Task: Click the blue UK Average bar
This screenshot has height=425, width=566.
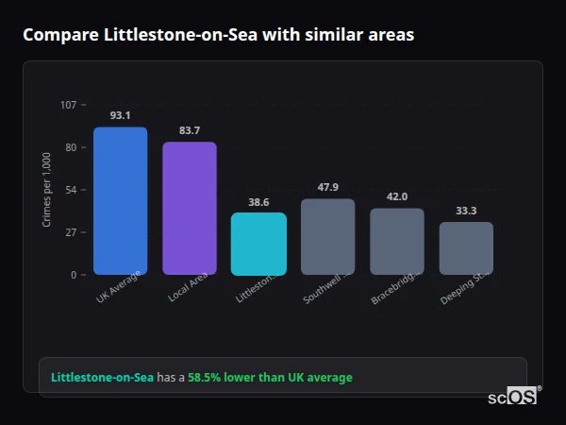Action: click(120, 200)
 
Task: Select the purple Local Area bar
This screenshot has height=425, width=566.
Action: click(190, 208)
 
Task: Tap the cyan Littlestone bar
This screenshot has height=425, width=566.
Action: click(258, 243)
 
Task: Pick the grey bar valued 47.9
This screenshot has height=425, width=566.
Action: click(328, 236)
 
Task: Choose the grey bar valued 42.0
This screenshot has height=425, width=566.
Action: click(397, 241)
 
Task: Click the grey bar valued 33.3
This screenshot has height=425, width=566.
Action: click(466, 247)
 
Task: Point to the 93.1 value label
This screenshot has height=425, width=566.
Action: click(120, 115)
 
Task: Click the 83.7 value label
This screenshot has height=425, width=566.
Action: click(190, 130)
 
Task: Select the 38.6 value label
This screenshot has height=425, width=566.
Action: click(258, 201)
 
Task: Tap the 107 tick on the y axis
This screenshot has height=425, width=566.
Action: click(68, 105)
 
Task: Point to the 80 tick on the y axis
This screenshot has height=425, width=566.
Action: click(70, 147)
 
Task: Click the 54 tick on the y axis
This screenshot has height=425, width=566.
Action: click(70, 190)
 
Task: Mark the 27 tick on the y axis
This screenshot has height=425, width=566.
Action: click(70, 232)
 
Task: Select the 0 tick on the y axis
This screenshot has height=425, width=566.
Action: click(73, 275)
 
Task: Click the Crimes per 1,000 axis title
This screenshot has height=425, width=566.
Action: click(46, 190)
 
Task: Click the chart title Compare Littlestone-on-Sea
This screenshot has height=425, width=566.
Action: click(218, 34)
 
